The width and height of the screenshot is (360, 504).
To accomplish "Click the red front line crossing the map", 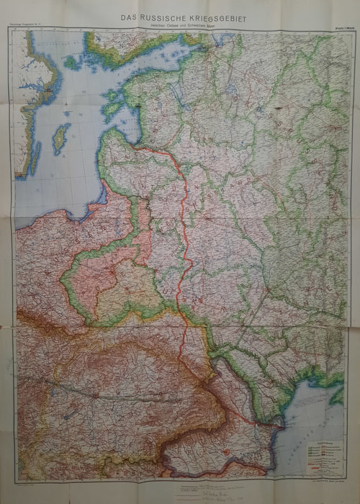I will pyautogui.click(x=186, y=238).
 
